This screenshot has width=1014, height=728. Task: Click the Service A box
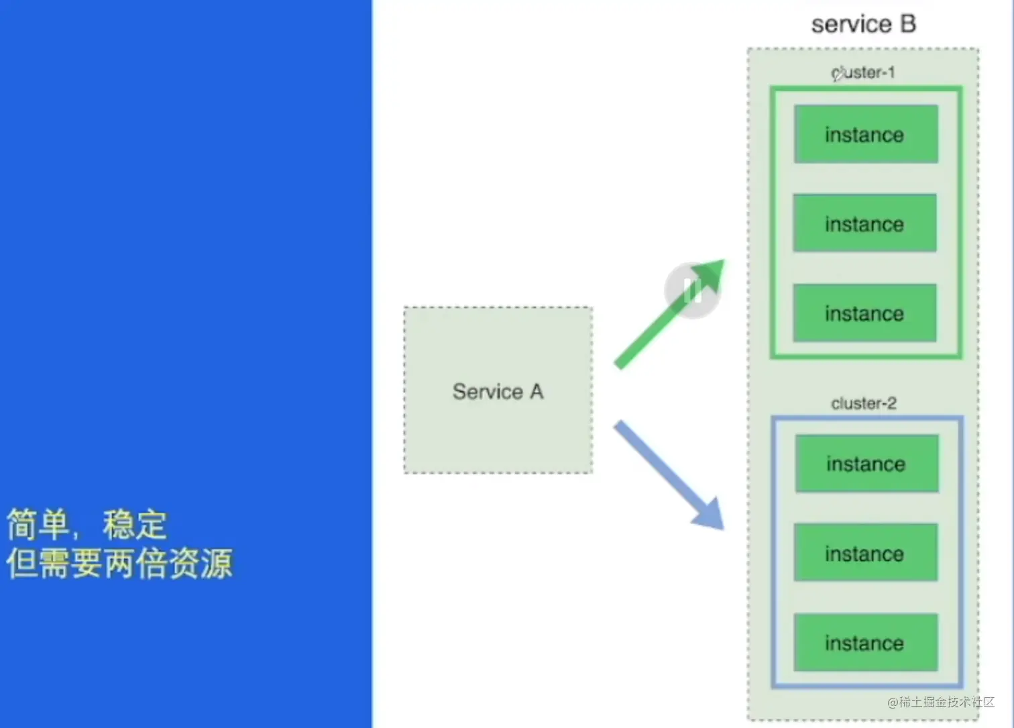click(498, 391)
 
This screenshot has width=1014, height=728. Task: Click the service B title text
click(863, 24)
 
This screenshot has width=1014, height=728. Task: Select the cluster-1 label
click(863, 72)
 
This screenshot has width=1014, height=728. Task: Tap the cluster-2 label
click(864, 403)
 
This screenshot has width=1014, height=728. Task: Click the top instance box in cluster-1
click(866, 134)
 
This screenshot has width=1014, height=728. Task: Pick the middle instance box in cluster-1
click(864, 223)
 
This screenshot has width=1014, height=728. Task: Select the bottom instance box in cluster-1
click(864, 313)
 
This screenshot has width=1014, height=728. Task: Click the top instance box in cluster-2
click(866, 464)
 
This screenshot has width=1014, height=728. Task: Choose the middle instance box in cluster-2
click(865, 553)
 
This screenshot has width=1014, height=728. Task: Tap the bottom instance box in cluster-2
click(865, 643)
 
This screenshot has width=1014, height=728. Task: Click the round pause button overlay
click(691, 291)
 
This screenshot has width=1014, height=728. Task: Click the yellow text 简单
click(38, 524)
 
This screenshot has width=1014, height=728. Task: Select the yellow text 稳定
click(134, 524)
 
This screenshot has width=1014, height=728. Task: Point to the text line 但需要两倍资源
click(119, 564)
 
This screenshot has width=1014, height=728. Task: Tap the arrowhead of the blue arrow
click(710, 515)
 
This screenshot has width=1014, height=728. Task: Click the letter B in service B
click(907, 24)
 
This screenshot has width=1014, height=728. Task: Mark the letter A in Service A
click(537, 391)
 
